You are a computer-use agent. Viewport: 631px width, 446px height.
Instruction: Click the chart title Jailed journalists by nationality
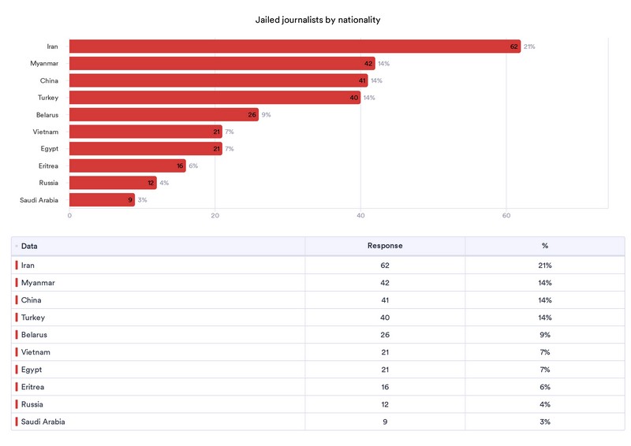click(318, 20)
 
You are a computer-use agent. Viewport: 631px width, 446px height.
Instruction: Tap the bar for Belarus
click(163, 115)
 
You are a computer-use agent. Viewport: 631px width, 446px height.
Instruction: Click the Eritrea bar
click(127, 166)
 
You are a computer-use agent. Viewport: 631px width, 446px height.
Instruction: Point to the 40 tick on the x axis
click(360, 216)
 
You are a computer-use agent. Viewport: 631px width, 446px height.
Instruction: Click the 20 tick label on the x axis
click(215, 216)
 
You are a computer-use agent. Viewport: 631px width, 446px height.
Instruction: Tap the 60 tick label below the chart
click(506, 216)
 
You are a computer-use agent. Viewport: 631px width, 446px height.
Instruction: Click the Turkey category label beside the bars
click(49, 98)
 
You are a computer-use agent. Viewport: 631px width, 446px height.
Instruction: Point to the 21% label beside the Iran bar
click(529, 46)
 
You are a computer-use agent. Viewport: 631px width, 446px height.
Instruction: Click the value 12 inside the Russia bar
click(151, 184)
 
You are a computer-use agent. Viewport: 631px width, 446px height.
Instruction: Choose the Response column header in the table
click(385, 246)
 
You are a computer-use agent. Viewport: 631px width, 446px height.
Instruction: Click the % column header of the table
click(544, 246)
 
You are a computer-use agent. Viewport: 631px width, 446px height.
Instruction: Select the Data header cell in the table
click(29, 246)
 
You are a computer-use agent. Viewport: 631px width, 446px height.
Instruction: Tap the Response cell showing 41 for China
click(385, 300)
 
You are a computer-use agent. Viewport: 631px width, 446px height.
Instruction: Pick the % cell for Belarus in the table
click(544, 335)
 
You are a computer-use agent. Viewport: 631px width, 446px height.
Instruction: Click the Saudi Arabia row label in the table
click(43, 422)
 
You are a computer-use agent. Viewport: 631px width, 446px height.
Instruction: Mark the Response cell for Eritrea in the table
click(385, 387)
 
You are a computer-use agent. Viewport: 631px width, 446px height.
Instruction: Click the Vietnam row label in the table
click(35, 352)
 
